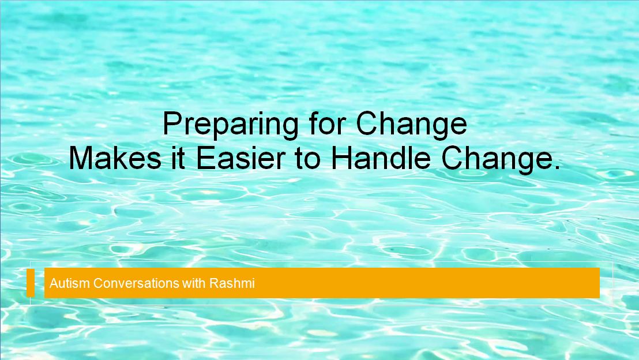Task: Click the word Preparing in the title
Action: (x=231, y=125)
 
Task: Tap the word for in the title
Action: (x=327, y=123)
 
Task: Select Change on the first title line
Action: (x=412, y=125)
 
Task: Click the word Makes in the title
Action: (x=115, y=157)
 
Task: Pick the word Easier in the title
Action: (x=240, y=157)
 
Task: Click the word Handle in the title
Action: (x=381, y=157)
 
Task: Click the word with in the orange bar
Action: (x=194, y=283)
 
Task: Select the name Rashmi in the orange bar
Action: (x=232, y=283)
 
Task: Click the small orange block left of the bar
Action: (x=31, y=283)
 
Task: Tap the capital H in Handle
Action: (x=341, y=157)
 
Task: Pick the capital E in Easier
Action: (x=206, y=157)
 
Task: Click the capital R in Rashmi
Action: (x=214, y=283)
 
